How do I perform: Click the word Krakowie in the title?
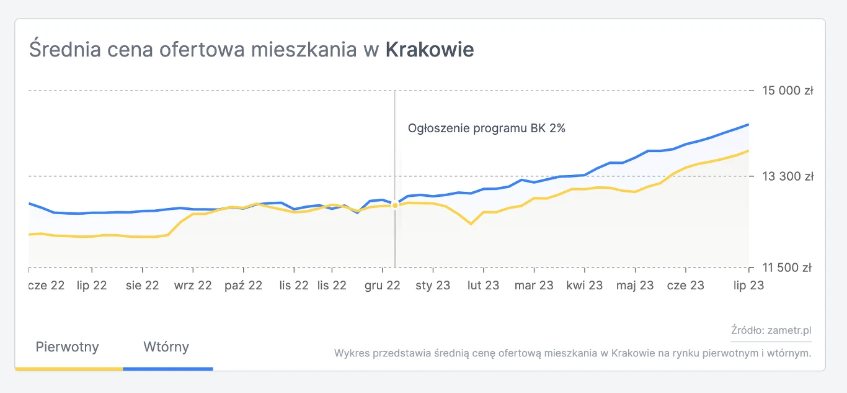[430, 50]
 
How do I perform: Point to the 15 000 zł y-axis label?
[787, 91]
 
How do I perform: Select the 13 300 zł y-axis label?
[787, 176]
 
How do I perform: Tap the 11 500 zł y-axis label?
[787, 268]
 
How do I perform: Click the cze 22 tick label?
[47, 286]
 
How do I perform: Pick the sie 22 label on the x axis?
[143, 286]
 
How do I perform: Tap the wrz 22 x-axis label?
[193, 286]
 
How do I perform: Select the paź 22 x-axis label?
[244, 286]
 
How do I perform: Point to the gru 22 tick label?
[382, 286]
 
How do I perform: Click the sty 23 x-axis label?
[433, 286]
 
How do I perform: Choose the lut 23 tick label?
[483, 286]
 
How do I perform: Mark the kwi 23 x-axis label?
[584, 286]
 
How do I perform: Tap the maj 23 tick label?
[635, 286]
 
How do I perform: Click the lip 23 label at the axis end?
[749, 286]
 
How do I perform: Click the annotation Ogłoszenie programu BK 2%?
[486, 129]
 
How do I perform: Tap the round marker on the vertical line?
[395, 206]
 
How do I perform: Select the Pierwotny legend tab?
[68, 347]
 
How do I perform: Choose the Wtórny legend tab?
[166, 347]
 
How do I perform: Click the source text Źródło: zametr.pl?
[771, 330]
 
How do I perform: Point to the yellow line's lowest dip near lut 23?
[471, 224]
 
